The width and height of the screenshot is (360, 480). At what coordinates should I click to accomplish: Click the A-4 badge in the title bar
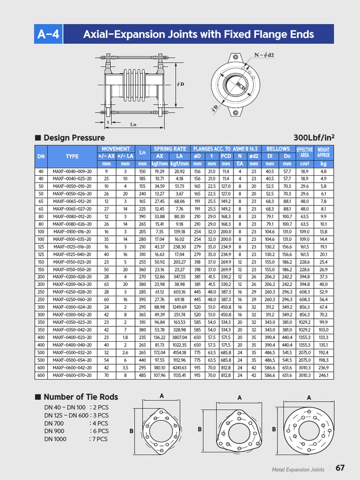(x=49, y=34)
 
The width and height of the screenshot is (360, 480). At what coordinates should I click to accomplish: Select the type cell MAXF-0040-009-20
(x=72, y=172)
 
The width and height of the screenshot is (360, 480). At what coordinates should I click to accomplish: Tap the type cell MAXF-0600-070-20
(x=72, y=375)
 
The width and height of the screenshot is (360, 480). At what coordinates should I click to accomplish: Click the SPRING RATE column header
(x=170, y=149)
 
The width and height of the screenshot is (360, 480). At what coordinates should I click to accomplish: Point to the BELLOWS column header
(x=278, y=149)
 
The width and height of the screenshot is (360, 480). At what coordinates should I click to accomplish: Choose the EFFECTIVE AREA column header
(x=305, y=152)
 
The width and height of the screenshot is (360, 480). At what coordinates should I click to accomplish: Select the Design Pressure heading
(x=74, y=138)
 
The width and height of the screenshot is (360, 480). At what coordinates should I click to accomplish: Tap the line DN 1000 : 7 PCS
(x=76, y=439)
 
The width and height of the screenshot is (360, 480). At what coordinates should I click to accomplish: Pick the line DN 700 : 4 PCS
(x=76, y=423)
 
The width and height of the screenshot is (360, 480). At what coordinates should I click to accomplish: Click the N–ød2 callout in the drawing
(x=264, y=55)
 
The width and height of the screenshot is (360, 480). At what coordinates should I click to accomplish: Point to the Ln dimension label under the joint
(x=134, y=125)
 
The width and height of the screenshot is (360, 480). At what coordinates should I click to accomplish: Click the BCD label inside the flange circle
(x=241, y=86)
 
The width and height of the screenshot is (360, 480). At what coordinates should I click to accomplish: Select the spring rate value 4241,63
(x=179, y=368)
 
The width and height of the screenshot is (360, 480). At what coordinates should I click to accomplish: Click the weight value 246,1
(x=323, y=375)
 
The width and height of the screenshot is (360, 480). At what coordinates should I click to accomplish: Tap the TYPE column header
(x=72, y=156)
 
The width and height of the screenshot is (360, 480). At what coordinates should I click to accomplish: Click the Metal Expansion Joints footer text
(x=298, y=469)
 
